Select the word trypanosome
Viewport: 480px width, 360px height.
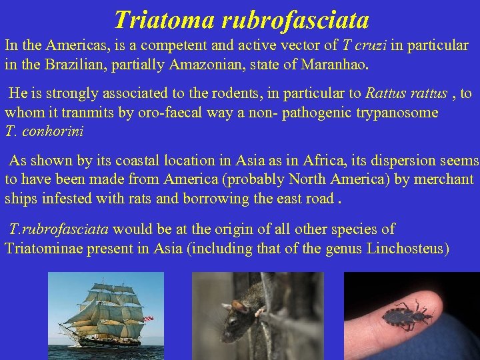398,112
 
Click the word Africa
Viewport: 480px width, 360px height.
323,161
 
